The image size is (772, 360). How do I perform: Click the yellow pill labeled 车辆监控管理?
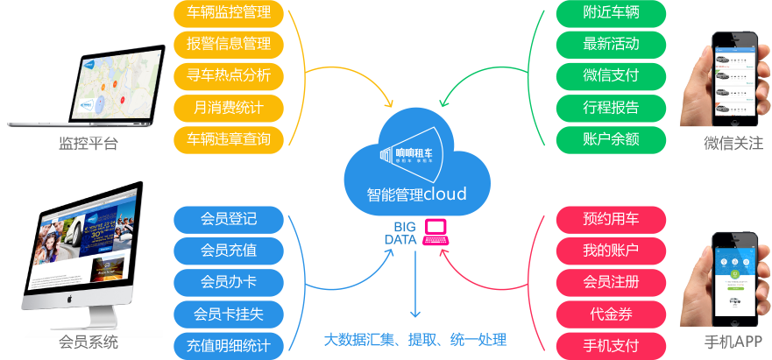pyautogui.click(x=229, y=13)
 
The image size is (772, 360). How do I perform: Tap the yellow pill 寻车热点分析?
pyautogui.click(x=229, y=75)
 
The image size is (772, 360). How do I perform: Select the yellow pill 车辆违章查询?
pyautogui.click(x=229, y=138)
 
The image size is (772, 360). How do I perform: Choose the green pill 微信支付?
pyautogui.click(x=611, y=75)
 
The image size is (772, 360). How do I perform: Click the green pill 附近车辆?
pyautogui.click(x=611, y=13)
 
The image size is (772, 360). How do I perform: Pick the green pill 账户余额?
pyautogui.click(x=611, y=138)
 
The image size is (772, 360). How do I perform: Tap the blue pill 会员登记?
pyautogui.click(x=229, y=219)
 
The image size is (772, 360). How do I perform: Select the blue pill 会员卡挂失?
pyautogui.click(x=229, y=313)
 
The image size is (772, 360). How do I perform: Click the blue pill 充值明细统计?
pyautogui.click(x=229, y=344)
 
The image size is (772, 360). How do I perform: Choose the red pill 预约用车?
pyautogui.click(x=611, y=219)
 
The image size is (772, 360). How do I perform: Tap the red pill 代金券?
pyautogui.click(x=611, y=313)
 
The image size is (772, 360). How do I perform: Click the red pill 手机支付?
pyautogui.click(x=611, y=344)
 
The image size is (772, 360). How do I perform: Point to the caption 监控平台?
pyautogui.click(x=88, y=145)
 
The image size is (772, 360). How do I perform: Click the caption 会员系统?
pyautogui.click(x=88, y=342)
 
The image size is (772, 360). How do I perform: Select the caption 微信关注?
pyautogui.click(x=733, y=143)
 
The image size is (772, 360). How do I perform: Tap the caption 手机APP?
pyautogui.click(x=733, y=342)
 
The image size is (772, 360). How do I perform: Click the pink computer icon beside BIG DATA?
pyautogui.click(x=436, y=232)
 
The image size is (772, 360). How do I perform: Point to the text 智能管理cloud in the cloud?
pyautogui.click(x=416, y=194)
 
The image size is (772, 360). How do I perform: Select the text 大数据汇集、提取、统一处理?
pyautogui.click(x=415, y=340)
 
